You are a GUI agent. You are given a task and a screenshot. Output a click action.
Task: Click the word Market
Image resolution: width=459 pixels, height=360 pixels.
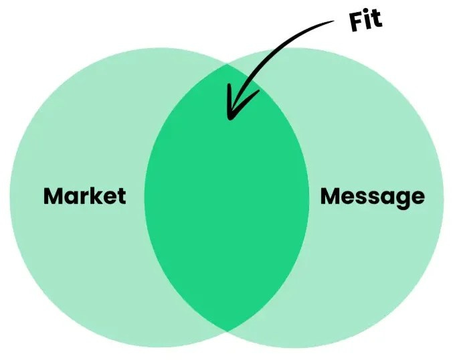point(84,196)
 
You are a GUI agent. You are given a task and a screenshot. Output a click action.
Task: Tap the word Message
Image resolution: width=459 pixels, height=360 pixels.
point(372,196)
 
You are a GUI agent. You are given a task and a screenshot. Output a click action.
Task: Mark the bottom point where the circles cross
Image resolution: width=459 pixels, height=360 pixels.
point(227,331)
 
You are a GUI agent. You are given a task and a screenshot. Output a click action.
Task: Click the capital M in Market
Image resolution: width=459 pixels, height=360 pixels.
point(54,196)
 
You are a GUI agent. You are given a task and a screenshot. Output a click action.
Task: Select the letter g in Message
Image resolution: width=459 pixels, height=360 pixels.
point(400,199)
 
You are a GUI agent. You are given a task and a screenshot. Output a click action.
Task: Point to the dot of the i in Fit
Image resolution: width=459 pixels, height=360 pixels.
point(369,13)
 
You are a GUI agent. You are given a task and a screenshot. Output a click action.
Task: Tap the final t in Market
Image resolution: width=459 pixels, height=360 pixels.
point(121,196)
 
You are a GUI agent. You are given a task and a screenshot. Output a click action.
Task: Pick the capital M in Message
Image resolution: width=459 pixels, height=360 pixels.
point(331,196)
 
